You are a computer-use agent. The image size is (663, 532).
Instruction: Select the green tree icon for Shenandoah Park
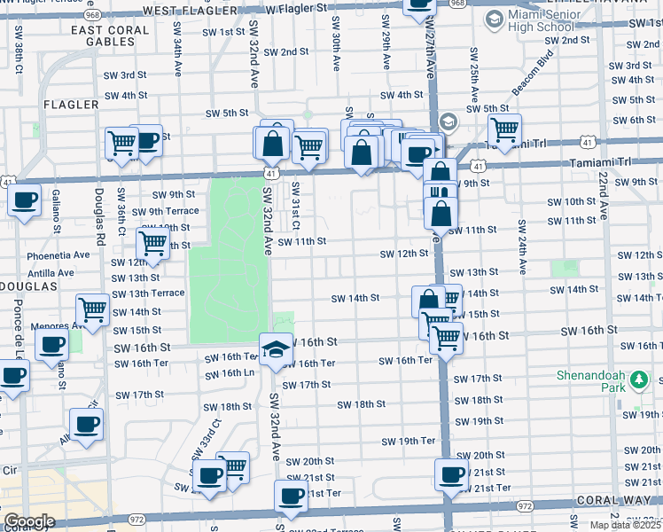[636, 381]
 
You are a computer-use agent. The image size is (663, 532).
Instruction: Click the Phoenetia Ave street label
[61, 254]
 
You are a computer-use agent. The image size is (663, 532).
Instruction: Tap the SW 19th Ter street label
[408, 441]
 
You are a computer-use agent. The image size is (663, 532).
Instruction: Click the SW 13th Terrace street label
[148, 293]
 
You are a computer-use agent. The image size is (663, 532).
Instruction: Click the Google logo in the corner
[28, 521]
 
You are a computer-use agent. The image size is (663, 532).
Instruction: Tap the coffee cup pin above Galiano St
[25, 199]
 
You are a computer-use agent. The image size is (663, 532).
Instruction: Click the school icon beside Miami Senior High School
[493, 19]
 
